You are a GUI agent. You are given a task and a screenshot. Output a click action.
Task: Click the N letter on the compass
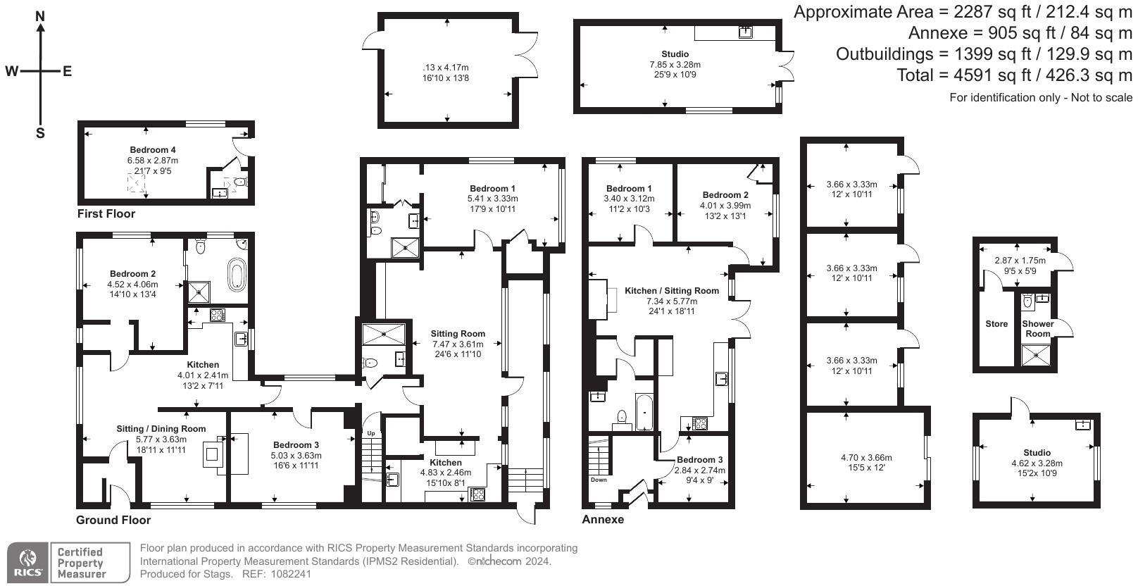coord(41,16)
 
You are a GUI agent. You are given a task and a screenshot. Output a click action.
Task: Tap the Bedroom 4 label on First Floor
coord(153,150)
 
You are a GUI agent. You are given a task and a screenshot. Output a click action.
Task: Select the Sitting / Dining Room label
coord(161,428)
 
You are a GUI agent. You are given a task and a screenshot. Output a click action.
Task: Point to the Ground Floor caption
coord(113,520)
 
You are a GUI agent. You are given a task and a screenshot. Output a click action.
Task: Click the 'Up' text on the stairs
coord(370,432)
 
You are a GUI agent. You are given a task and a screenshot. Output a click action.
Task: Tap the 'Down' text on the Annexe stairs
coord(598,480)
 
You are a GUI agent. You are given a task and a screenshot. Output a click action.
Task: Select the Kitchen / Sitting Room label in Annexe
coord(672,290)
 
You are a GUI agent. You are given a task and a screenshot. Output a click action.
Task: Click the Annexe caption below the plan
coord(603,520)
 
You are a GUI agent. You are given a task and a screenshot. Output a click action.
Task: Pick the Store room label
coord(996,324)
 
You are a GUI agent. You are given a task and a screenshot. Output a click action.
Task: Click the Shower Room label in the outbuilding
coord(1038,329)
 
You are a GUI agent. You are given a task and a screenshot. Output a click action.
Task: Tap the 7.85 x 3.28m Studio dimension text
coord(675,64)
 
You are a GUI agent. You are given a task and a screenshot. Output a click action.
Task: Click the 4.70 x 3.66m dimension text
coord(866,457)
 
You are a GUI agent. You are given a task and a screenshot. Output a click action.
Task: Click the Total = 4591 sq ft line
coord(1014,75)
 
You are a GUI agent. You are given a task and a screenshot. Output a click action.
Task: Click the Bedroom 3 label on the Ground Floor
coord(296,444)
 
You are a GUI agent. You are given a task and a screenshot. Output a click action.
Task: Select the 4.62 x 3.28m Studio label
coord(1037,463)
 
